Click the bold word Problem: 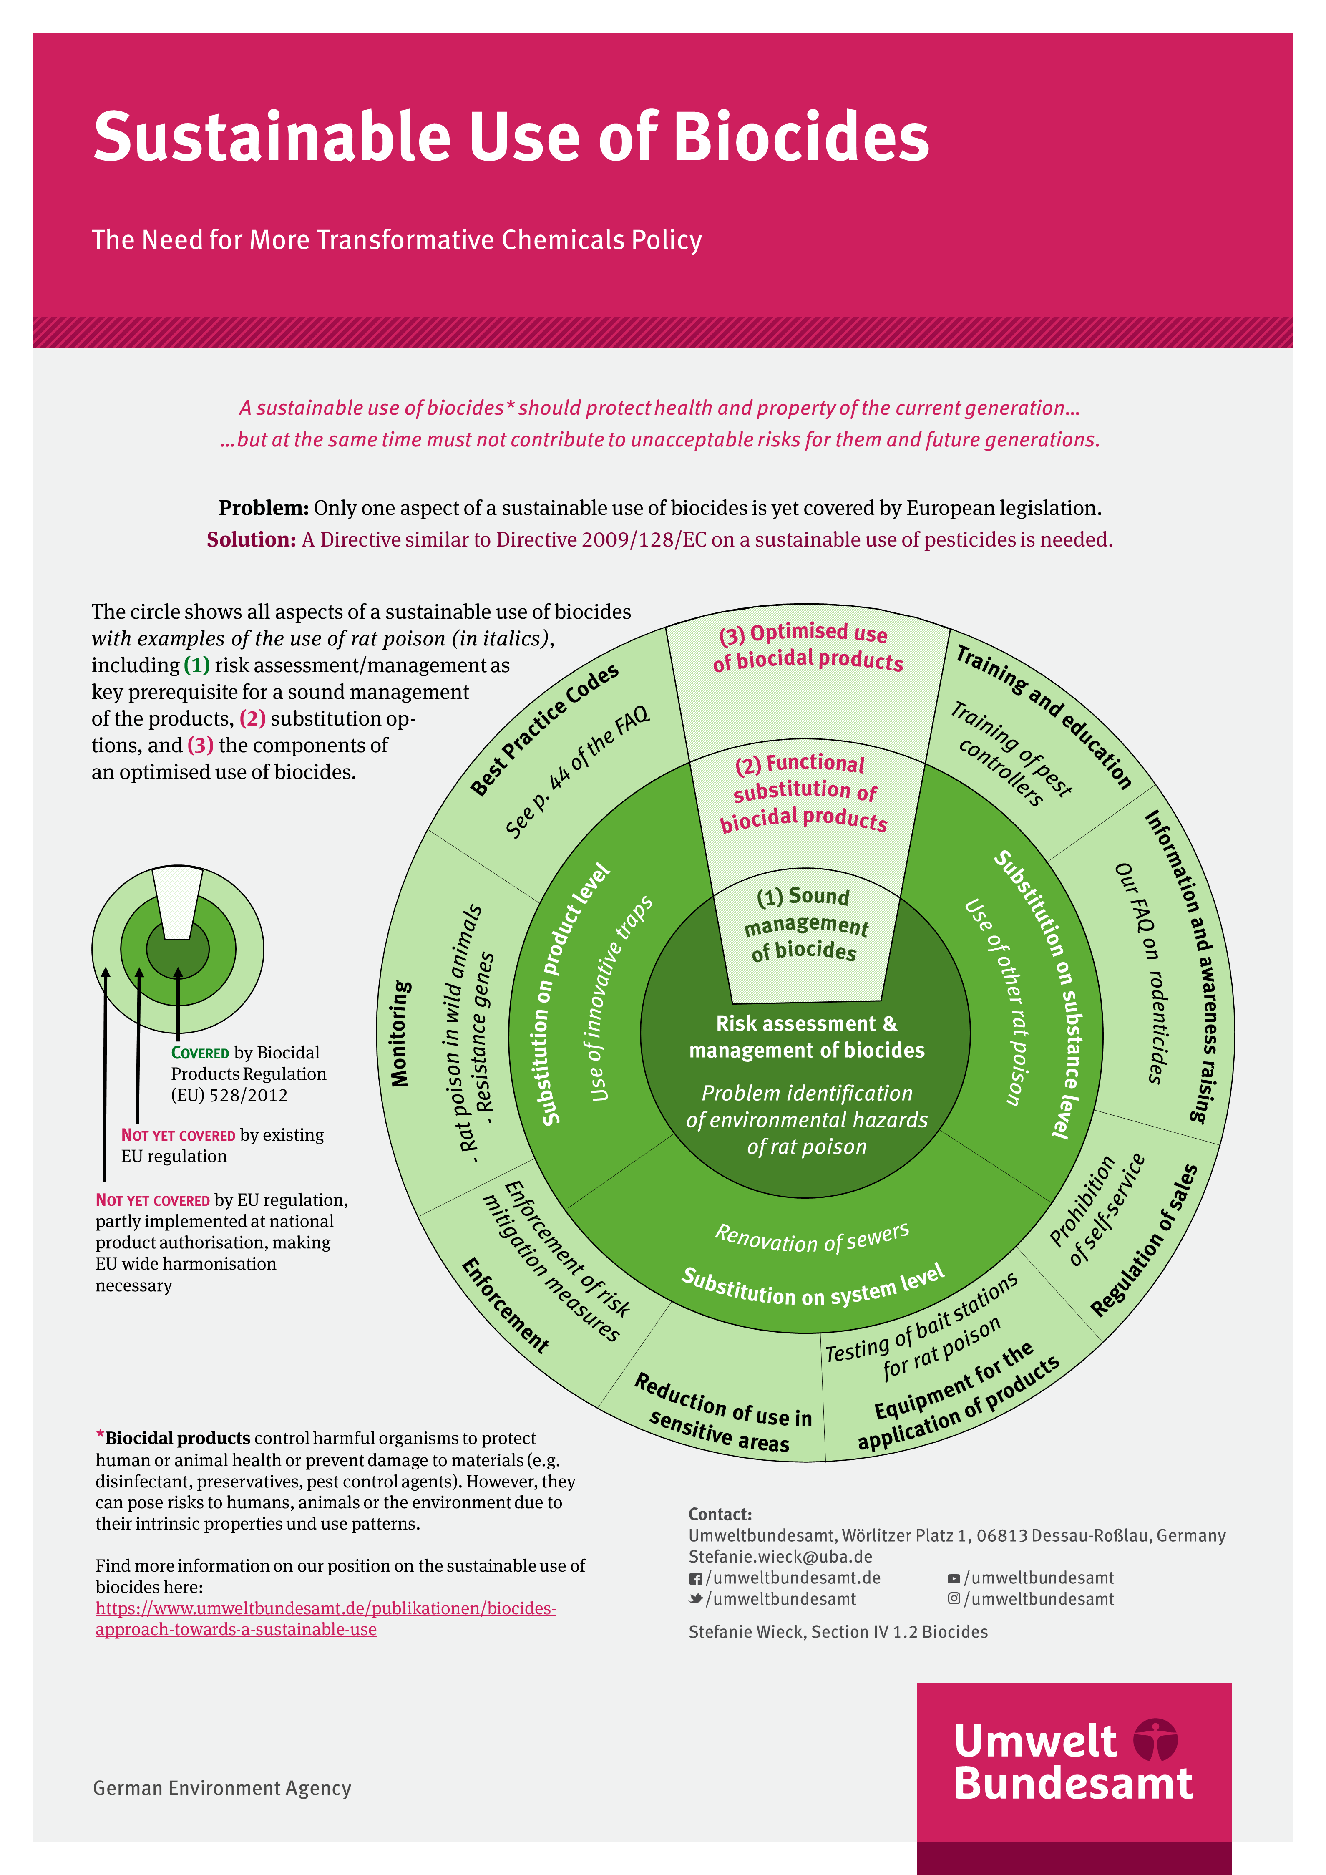(x=263, y=508)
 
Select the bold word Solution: (x=251, y=540)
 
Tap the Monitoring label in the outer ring (x=399, y=1033)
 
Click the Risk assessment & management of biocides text (x=807, y=1037)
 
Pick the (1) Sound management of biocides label (x=805, y=924)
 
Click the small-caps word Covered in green (x=200, y=1053)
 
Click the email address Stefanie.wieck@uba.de (x=780, y=1557)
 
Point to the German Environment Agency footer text (x=222, y=1788)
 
